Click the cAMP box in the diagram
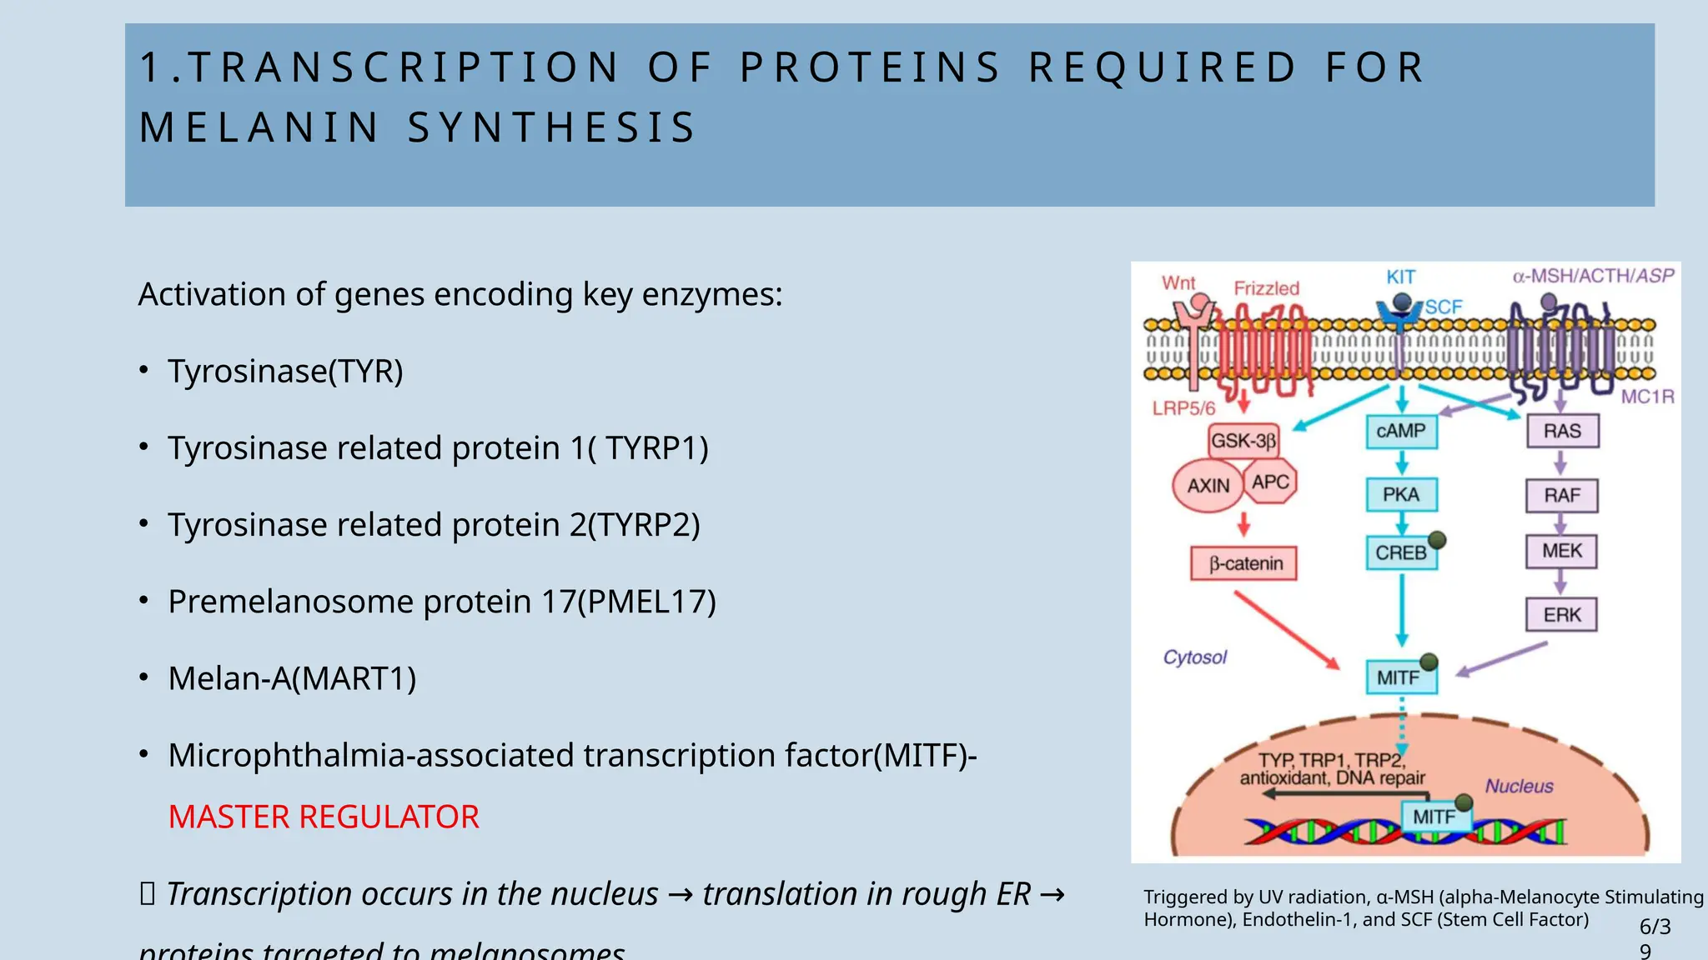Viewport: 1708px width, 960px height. click(x=1401, y=432)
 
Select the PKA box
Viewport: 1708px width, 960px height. click(x=1401, y=494)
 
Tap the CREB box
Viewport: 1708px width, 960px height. click(x=1401, y=552)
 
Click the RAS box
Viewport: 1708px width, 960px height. click(x=1562, y=431)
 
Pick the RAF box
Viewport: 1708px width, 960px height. click(x=1562, y=495)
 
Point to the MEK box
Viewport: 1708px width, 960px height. click(x=1561, y=551)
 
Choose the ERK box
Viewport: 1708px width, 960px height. click(x=1561, y=615)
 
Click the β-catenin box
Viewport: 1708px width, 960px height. click(x=1243, y=563)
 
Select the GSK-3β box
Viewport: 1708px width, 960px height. click(x=1243, y=440)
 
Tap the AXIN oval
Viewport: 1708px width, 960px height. click(x=1208, y=485)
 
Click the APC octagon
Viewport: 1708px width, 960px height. click(x=1270, y=482)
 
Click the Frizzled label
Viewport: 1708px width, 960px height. click(x=1266, y=288)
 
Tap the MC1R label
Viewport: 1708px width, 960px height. click(x=1647, y=397)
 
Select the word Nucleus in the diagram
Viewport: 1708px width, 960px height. click(x=1519, y=786)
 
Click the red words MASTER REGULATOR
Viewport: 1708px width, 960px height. click(x=324, y=817)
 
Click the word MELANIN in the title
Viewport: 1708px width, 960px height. click(x=259, y=127)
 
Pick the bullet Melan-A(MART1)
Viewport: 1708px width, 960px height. click(x=292, y=678)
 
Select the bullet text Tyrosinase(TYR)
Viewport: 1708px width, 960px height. click(x=285, y=371)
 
